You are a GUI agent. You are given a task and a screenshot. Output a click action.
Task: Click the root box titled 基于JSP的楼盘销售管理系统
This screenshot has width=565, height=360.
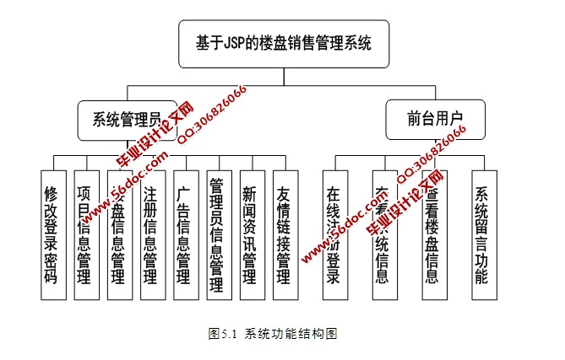pos(283,43)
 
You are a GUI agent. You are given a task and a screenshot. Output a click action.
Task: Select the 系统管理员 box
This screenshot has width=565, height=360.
pos(127,121)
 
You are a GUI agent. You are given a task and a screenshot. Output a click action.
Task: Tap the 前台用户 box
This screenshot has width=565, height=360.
pos(434,117)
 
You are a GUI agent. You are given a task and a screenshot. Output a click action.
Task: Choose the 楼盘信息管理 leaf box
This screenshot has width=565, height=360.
pos(119,234)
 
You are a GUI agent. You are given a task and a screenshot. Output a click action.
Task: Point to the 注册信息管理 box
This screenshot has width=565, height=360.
pos(152,234)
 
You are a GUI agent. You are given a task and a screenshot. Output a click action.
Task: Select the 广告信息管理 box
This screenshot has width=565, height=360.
pos(185,234)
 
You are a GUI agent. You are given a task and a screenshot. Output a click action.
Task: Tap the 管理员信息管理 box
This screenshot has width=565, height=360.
pos(217,234)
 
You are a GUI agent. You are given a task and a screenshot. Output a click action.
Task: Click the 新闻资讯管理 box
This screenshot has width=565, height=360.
pos(250,234)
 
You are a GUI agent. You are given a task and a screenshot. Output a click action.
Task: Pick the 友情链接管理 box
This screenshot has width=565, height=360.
pos(284,234)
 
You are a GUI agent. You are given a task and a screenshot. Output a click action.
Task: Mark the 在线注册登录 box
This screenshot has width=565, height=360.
pos(334,234)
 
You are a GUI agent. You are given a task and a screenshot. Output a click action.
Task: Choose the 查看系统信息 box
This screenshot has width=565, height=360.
pos(384,234)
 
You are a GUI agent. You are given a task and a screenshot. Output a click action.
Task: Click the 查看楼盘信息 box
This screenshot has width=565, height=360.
pos(434,234)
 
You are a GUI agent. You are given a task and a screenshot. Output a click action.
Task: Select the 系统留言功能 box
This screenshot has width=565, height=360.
pos(484,234)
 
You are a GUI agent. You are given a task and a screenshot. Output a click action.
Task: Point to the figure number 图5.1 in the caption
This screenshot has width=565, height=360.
pos(222,333)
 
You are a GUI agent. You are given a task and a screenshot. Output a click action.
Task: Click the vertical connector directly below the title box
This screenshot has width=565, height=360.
pos(283,75)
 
